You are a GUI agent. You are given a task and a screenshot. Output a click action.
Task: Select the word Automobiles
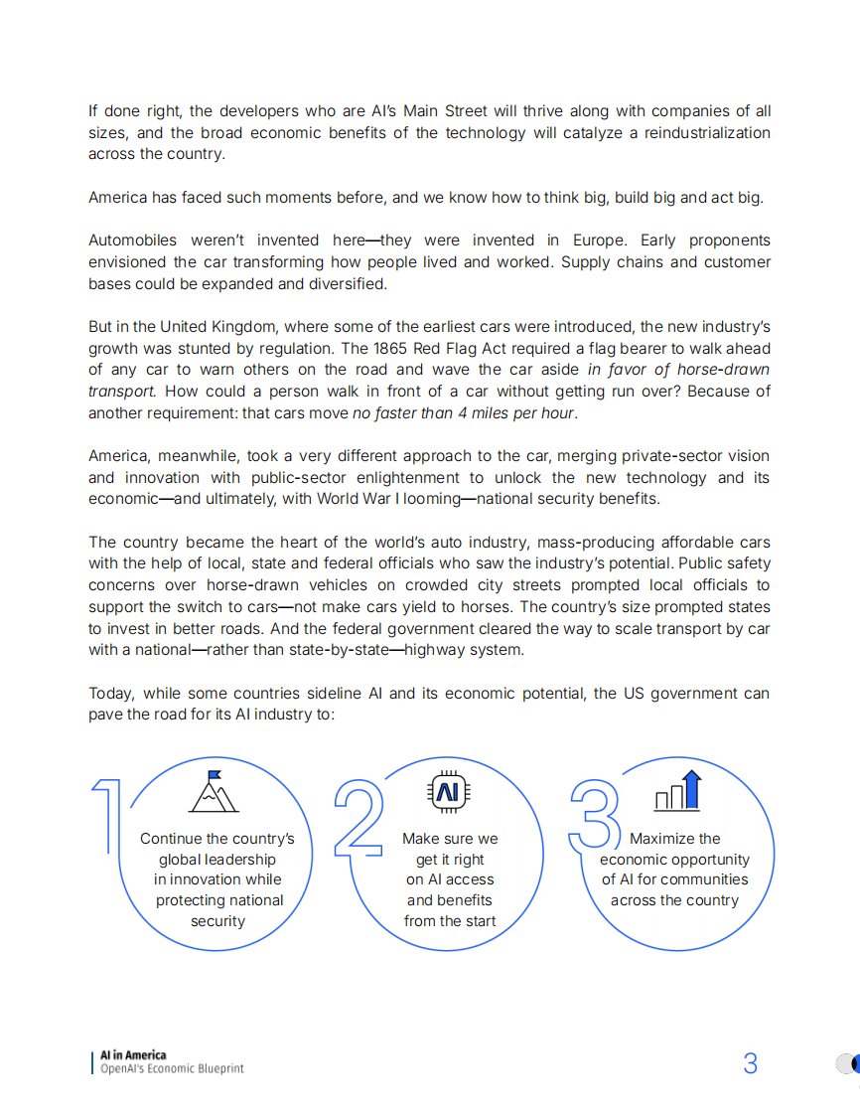coord(133,240)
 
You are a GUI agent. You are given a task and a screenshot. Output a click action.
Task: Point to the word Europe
coord(596,240)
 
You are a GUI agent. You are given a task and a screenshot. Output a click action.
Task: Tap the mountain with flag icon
coord(213,792)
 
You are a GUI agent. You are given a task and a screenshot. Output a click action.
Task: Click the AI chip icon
coord(448,791)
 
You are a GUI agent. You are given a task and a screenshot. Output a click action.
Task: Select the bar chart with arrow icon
coord(679,791)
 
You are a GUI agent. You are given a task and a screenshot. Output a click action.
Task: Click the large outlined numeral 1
coord(107,816)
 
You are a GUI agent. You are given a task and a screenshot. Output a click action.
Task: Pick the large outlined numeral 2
coord(358,818)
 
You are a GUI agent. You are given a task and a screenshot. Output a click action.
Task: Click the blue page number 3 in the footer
coord(750,1063)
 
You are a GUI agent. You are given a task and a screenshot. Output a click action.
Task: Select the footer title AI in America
coord(133,1054)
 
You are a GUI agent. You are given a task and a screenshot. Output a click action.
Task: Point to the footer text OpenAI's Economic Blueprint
coord(172,1068)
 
